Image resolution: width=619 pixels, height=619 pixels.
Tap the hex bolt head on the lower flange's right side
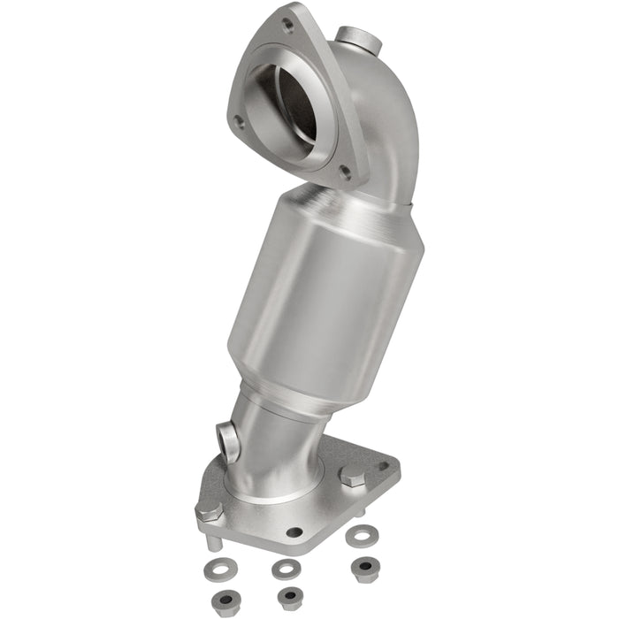(351, 478)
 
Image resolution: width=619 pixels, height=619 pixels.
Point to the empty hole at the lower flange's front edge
(294, 532)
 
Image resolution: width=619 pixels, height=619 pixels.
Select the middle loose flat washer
(283, 568)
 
